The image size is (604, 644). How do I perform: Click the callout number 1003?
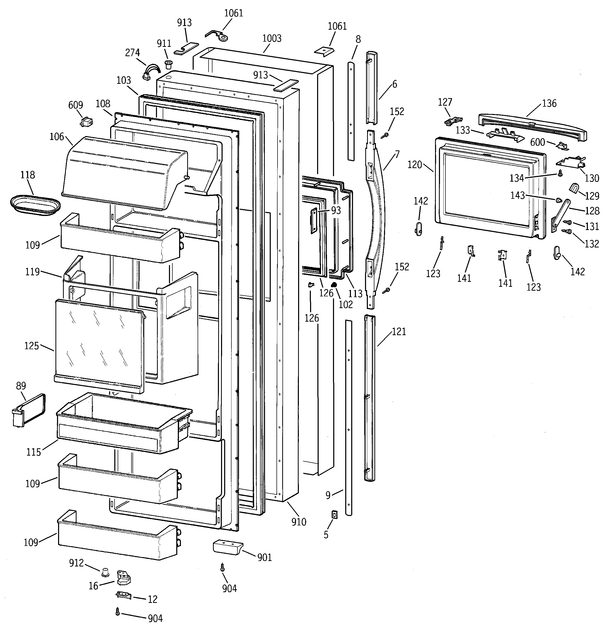click(x=272, y=39)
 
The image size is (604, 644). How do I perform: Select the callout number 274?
click(x=132, y=53)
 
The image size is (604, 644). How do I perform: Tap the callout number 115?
click(x=33, y=452)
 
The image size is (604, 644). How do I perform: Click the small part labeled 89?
click(x=29, y=410)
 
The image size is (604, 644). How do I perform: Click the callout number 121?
click(x=399, y=332)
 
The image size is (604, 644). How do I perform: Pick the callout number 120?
click(x=415, y=165)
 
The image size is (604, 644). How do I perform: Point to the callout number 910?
click(x=299, y=522)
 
